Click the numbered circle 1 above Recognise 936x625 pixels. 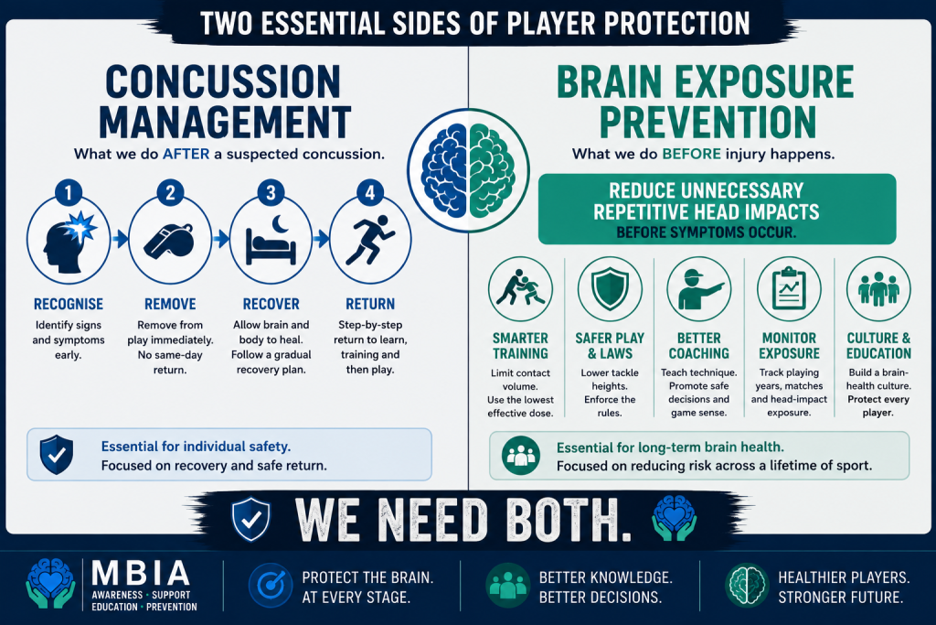[68, 192]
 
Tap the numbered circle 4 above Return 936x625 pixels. [370, 192]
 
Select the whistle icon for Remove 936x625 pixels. [169, 242]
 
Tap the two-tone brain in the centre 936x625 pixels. [469, 171]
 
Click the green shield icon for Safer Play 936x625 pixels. [610, 288]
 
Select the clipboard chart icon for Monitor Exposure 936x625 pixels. [789, 288]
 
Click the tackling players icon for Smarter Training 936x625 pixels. [520, 288]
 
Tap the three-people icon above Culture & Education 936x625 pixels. [878, 288]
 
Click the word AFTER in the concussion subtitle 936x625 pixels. [186, 154]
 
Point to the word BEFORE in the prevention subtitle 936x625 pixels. [691, 154]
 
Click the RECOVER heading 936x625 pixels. [271, 304]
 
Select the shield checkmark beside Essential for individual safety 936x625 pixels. [57, 455]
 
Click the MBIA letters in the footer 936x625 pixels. [141, 573]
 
